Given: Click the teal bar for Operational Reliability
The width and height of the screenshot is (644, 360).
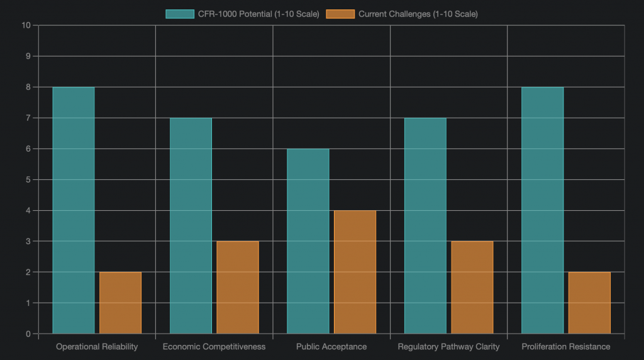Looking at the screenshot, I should coord(74,210).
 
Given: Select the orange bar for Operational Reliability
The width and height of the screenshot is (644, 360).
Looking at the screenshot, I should coord(120,303).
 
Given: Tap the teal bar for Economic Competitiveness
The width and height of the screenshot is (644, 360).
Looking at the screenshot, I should coord(191,225).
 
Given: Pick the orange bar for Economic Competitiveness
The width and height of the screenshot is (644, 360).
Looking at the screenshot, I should coord(238,287).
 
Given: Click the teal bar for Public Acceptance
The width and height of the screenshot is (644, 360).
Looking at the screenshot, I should coord(308,241).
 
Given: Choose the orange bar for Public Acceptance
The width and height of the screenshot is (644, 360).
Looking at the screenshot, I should coord(355,272).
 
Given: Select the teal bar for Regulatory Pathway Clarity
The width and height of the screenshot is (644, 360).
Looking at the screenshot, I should coord(425,225).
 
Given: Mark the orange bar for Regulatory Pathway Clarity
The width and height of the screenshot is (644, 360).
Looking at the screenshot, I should coord(472,287).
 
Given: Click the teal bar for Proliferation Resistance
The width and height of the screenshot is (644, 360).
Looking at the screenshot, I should coord(543,210).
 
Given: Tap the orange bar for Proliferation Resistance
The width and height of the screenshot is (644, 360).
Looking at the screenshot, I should coord(589,303).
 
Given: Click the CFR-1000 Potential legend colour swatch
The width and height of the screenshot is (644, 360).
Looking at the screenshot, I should coord(180,14).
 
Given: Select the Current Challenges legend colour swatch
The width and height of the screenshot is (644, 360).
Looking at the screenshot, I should coord(340,14).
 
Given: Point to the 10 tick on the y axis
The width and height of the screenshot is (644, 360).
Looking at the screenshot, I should coord(26,25).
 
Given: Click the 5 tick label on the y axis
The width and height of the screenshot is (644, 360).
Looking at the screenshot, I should coord(28,179).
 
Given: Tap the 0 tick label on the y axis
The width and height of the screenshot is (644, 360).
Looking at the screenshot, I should coord(28,334).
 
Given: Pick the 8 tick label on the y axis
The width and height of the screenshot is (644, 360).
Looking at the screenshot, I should coord(28,87).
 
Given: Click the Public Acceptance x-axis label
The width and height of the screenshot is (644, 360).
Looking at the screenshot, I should coord(331,347).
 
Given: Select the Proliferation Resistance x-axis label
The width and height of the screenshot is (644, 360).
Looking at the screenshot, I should coord(566,347).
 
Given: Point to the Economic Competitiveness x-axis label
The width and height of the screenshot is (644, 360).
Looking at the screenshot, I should coord(214,347).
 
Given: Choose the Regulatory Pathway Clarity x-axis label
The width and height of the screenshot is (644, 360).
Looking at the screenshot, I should coord(448,347).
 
